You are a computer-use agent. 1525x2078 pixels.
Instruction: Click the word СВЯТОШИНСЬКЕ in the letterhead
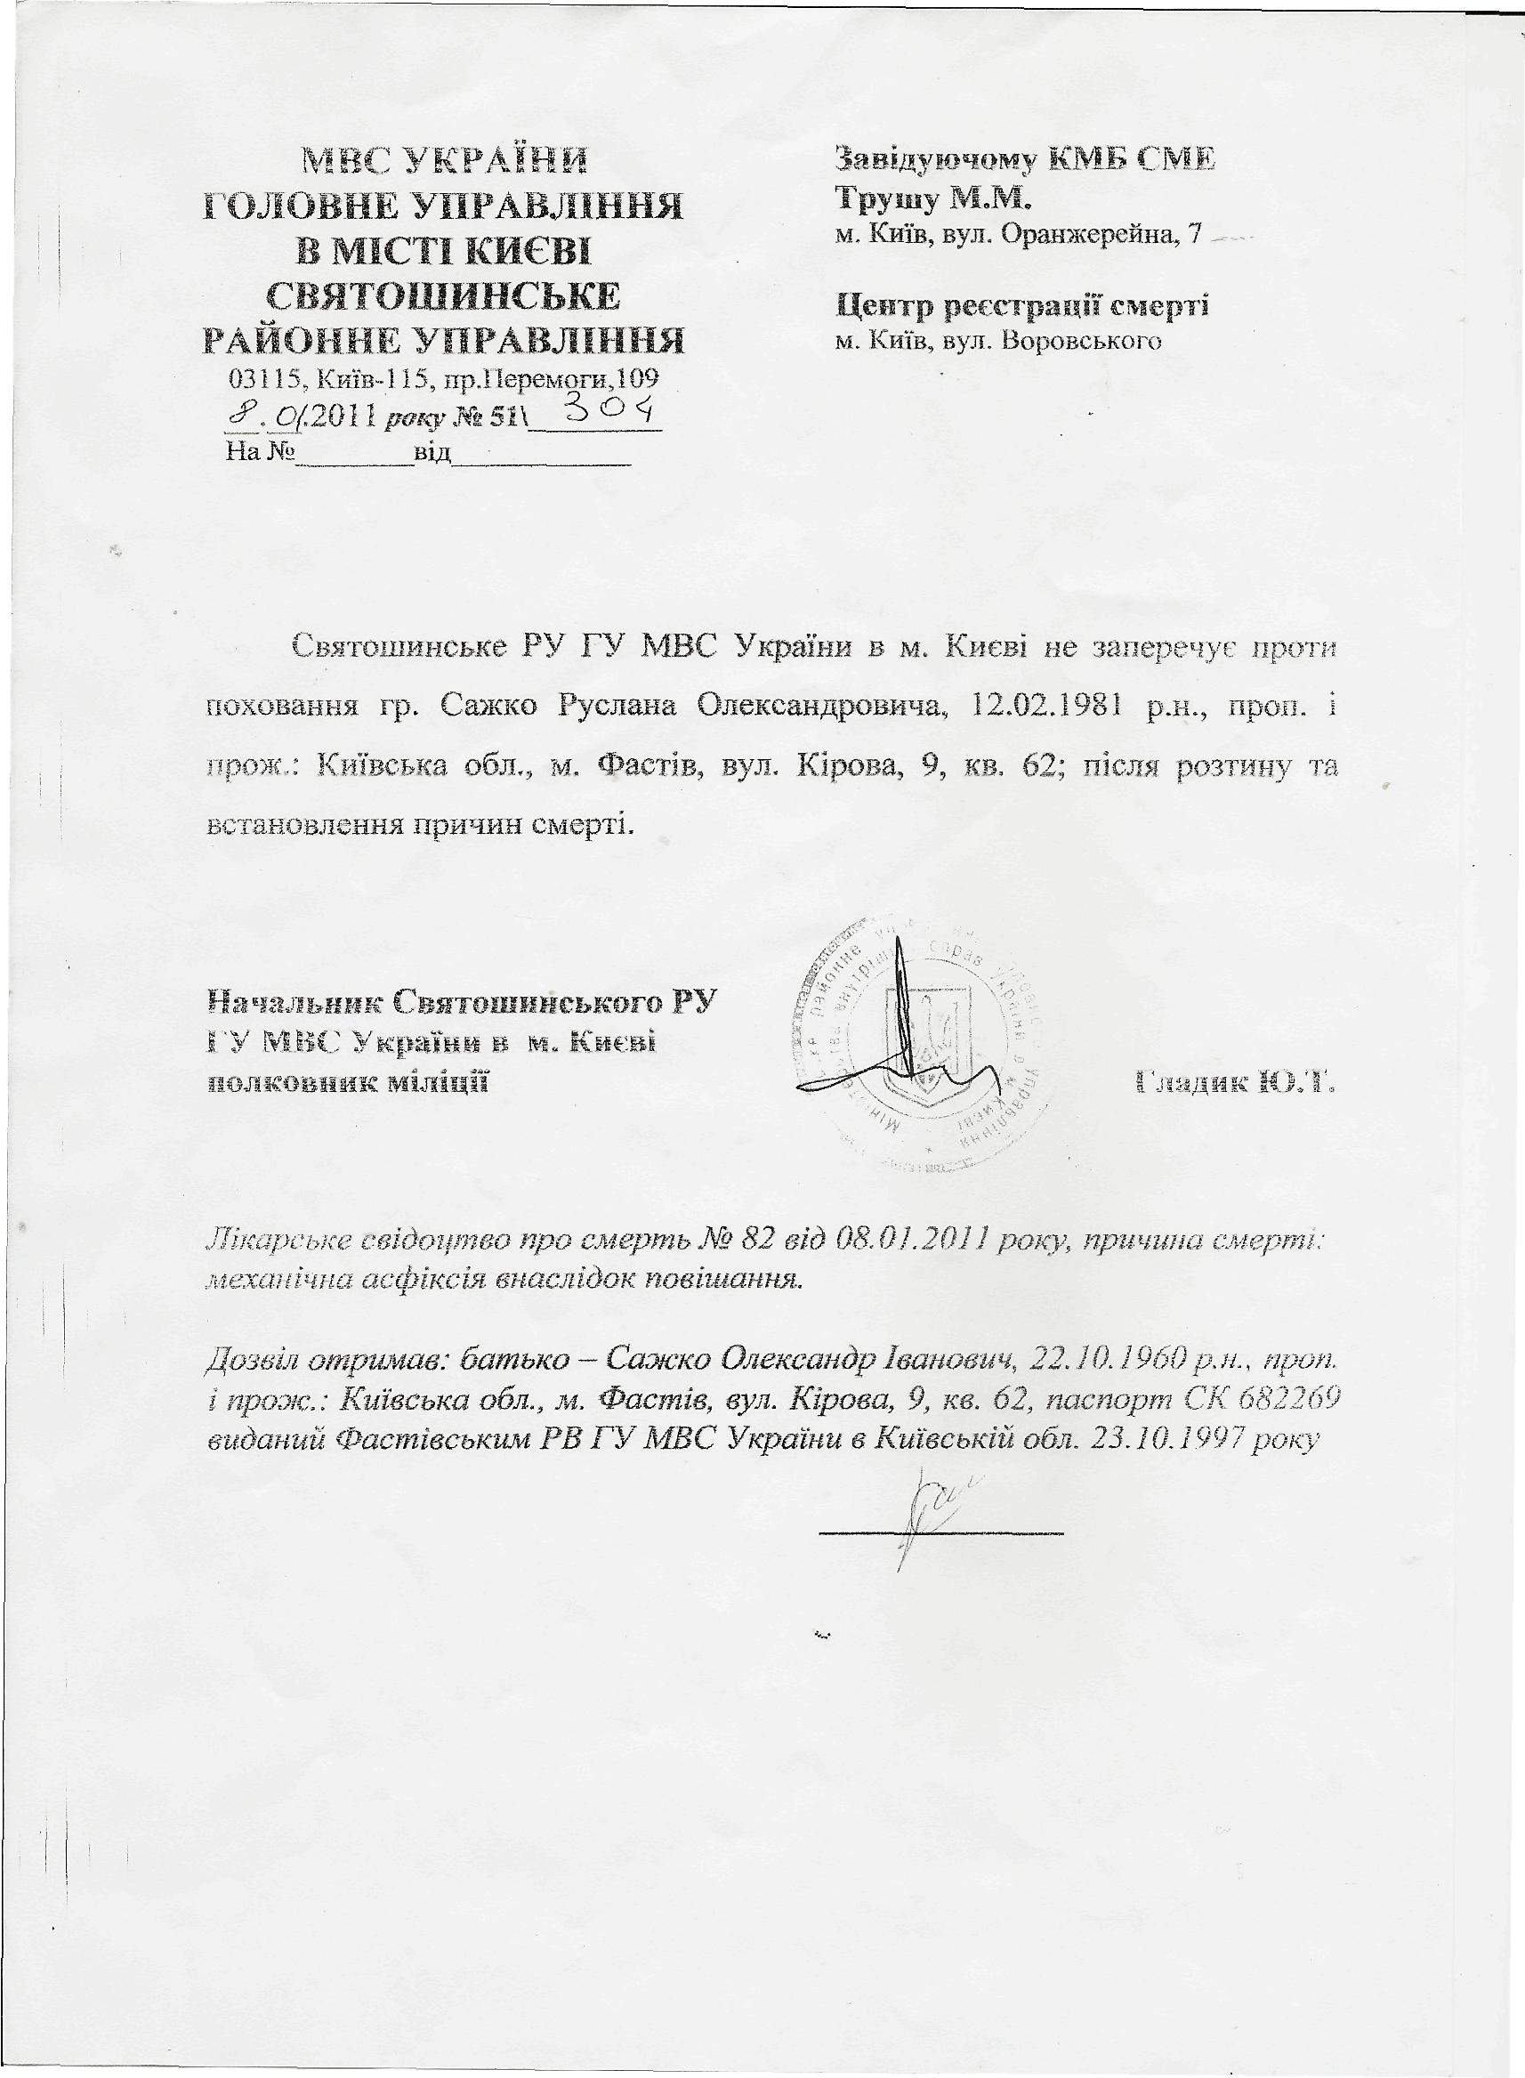click(x=443, y=296)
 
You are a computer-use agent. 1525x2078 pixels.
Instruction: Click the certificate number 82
click(x=784, y=1242)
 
